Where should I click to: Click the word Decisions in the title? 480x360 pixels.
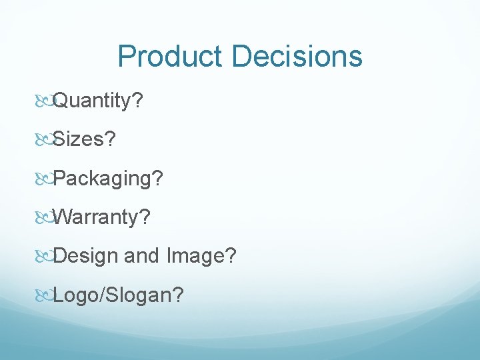[x=297, y=57]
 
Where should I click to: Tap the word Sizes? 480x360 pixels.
[x=79, y=139]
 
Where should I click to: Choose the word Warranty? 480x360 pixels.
[x=96, y=217]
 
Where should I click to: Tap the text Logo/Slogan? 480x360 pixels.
[x=111, y=294]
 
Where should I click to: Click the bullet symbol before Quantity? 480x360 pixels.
[x=43, y=101]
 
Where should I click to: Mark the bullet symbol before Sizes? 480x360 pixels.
[x=43, y=140]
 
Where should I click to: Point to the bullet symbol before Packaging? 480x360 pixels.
[x=43, y=179]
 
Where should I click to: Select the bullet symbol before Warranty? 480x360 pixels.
[x=43, y=217]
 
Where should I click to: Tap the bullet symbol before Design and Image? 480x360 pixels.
[x=43, y=256]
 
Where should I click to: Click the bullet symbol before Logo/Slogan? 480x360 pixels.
[x=43, y=295]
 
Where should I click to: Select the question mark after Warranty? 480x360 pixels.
[x=145, y=217]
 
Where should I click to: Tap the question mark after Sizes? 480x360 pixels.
[x=110, y=139]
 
